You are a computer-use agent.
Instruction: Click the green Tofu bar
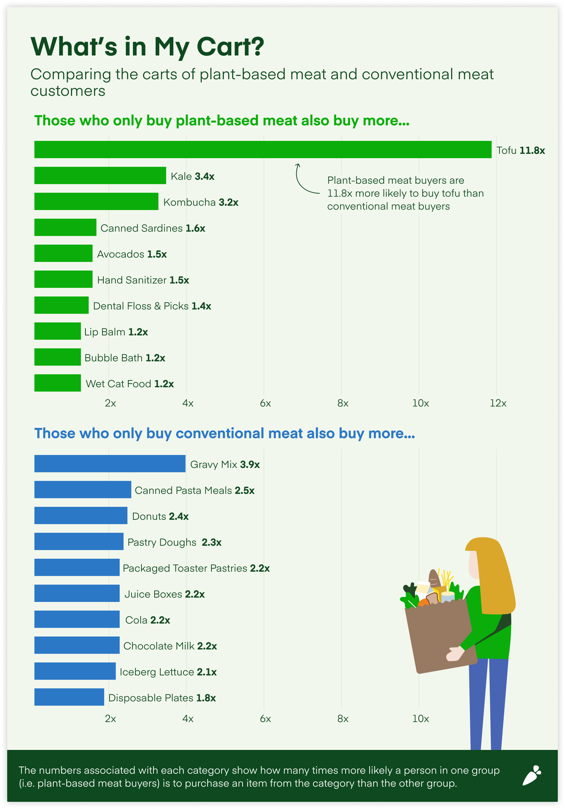pyautogui.click(x=263, y=149)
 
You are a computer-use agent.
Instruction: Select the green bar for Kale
pyautogui.click(x=100, y=175)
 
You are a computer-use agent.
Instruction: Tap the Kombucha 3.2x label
pyautogui.click(x=201, y=202)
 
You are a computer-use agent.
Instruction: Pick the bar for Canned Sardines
pyautogui.click(x=65, y=227)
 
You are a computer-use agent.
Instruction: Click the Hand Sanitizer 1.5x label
pyautogui.click(x=143, y=280)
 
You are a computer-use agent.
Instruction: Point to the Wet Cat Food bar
pyautogui.click(x=57, y=383)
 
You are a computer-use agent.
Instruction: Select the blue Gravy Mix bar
pyautogui.click(x=110, y=464)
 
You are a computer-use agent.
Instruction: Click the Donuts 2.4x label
pyautogui.click(x=160, y=517)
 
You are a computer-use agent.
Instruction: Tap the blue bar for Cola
pyautogui.click(x=77, y=619)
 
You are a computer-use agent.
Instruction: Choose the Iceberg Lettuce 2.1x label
pyautogui.click(x=168, y=672)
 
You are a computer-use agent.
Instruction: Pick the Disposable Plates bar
pyautogui.click(x=69, y=697)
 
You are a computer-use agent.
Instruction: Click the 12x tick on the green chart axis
pyautogui.click(x=498, y=403)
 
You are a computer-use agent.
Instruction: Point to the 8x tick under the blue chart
pyautogui.click(x=343, y=719)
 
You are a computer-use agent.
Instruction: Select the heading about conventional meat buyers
pyautogui.click(x=224, y=433)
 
